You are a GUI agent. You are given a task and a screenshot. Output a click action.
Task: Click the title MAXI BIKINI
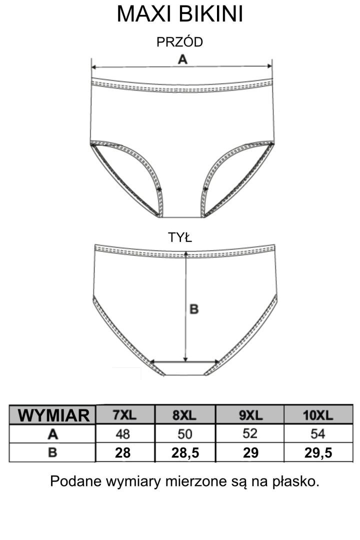(180, 14)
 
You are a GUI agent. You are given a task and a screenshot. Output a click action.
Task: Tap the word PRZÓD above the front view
(180, 42)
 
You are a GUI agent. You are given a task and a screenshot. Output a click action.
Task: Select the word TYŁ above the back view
(180, 238)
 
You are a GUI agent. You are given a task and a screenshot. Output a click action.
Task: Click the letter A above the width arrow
(182, 59)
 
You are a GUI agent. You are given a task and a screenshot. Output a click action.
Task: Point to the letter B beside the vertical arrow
(194, 309)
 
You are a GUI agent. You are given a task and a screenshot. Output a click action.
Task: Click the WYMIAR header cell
(53, 415)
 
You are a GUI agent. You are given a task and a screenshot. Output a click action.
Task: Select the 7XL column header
(125, 415)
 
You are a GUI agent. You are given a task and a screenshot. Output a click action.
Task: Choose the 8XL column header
(184, 415)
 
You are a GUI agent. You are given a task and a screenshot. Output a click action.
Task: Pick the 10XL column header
(318, 415)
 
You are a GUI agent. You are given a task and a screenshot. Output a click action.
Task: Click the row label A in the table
(53, 434)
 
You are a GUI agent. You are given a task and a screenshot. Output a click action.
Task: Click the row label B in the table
(53, 453)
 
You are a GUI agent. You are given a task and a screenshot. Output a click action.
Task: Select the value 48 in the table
(122, 434)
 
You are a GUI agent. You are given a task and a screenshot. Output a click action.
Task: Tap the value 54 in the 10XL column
(318, 434)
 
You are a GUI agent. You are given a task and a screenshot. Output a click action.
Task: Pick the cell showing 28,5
(185, 453)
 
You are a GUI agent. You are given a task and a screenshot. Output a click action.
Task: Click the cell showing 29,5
(318, 453)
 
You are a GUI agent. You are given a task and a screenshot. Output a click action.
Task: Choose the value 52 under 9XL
(250, 434)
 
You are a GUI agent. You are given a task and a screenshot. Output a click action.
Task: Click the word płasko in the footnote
(295, 482)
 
